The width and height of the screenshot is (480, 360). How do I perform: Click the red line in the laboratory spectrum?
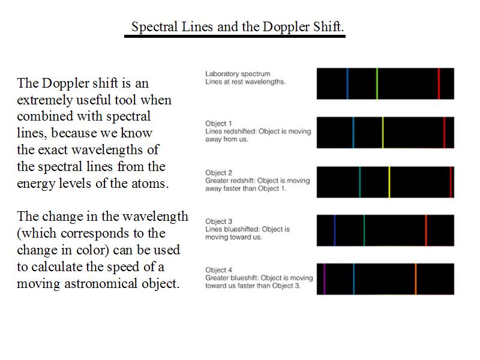pyautogui.click(x=439, y=83)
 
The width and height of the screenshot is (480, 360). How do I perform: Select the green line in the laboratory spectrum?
pyautogui.click(x=377, y=83)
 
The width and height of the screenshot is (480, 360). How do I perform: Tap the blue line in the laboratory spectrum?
pyautogui.click(x=347, y=83)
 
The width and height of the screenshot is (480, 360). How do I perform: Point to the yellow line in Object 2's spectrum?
pyautogui.click(x=389, y=182)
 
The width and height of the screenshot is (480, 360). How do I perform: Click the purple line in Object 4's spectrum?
pyautogui.click(x=324, y=279)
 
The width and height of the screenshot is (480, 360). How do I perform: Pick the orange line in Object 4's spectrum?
pyautogui.click(x=415, y=279)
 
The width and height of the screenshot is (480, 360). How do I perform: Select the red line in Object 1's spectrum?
pyautogui.click(x=445, y=133)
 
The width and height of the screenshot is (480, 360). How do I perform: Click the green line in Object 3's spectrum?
pyautogui.click(x=364, y=230)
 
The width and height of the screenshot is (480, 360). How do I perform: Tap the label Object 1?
pyautogui.click(x=218, y=124)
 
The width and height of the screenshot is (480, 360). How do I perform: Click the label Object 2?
pyautogui.click(x=218, y=173)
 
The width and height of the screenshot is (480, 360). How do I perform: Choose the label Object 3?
pyautogui.click(x=218, y=221)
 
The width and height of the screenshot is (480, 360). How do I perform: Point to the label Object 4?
pyautogui.click(x=218, y=270)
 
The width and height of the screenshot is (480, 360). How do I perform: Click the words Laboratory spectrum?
pyautogui.click(x=238, y=74)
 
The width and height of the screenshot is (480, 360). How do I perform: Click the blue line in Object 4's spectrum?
pyautogui.click(x=353, y=279)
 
